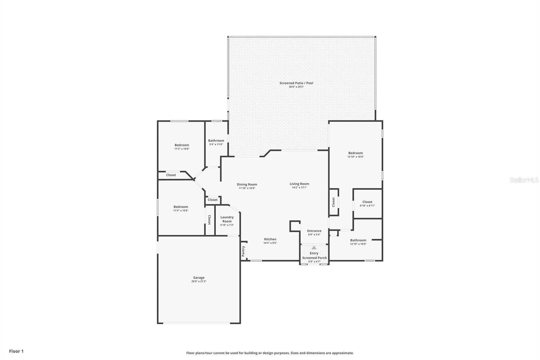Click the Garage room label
[x=199, y=278]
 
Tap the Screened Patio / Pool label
[x=296, y=83]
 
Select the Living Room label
[x=299, y=184]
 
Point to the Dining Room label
[x=247, y=184]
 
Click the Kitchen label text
[x=270, y=239]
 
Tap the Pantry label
[x=243, y=251]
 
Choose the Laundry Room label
[x=227, y=219]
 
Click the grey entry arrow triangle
[x=314, y=248]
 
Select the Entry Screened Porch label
[x=314, y=255]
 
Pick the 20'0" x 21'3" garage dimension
[x=199, y=281]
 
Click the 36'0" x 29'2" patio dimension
[x=296, y=87]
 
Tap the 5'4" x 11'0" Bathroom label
[x=216, y=142]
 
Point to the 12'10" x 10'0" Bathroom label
[x=358, y=242]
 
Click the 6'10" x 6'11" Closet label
[x=367, y=204]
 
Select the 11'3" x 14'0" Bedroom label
[x=182, y=147]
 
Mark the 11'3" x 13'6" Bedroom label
[x=181, y=208]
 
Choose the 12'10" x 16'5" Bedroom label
[x=355, y=155]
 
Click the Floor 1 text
[x=16, y=351]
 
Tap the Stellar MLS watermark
[x=524, y=180]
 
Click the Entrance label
[x=314, y=231]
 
